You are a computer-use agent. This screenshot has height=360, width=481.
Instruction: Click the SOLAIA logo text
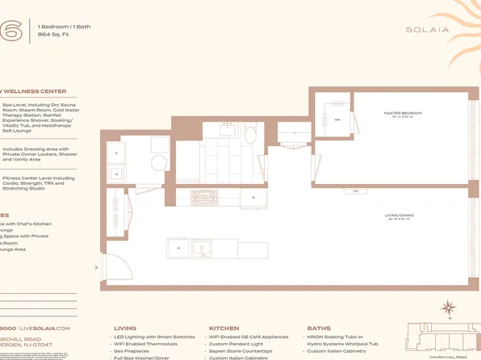[x=428, y=31]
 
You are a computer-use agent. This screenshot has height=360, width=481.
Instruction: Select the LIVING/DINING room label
[x=399, y=216]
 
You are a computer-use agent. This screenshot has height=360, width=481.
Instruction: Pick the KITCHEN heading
[x=224, y=329]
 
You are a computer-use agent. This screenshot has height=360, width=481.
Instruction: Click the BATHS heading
[x=319, y=329]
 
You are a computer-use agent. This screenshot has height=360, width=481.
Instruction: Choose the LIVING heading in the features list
[x=125, y=329]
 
